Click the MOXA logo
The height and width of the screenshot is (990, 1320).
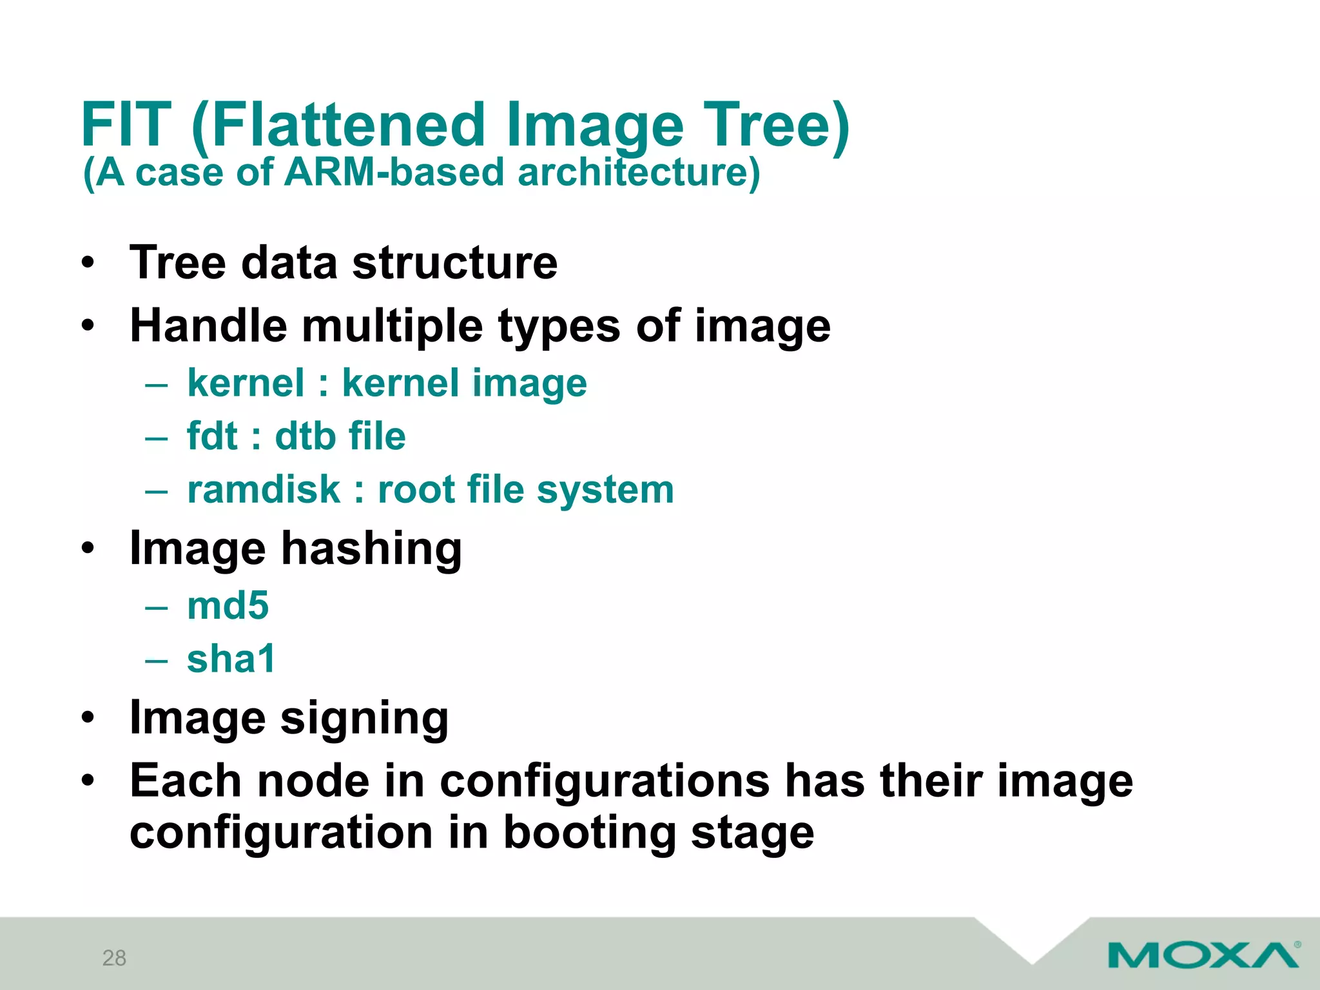[1203, 955]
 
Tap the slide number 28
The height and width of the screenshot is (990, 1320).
[114, 958]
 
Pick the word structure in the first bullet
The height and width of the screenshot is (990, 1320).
[455, 263]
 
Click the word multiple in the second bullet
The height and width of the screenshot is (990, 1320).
[393, 326]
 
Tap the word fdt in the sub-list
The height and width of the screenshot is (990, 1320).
[212, 436]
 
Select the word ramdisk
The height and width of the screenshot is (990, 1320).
[263, 489]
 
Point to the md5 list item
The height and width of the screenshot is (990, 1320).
[228, 606]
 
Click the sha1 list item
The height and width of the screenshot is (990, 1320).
[231, 659]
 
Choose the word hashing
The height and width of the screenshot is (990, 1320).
[371, 549]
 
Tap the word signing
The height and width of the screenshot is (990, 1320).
[364, 719]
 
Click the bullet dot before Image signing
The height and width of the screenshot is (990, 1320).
[88, 717]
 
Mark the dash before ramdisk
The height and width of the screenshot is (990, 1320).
[157, 490]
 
